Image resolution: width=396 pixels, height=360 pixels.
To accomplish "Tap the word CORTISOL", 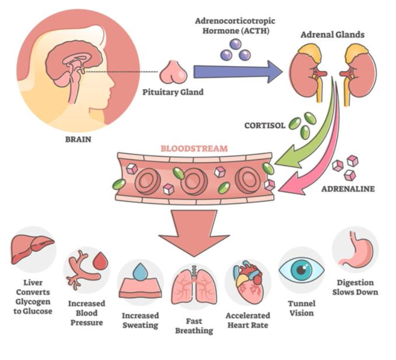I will coord(265,125).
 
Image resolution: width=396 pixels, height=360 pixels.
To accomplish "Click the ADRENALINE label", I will coord(348,188).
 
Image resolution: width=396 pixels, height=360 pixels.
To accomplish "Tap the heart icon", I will coord(247,283).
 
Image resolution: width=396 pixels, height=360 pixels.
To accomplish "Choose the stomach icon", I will coord(354,250).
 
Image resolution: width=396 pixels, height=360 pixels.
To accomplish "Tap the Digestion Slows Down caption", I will coord(355,287).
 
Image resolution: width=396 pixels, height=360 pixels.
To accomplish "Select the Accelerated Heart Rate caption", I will coord(248,320).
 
